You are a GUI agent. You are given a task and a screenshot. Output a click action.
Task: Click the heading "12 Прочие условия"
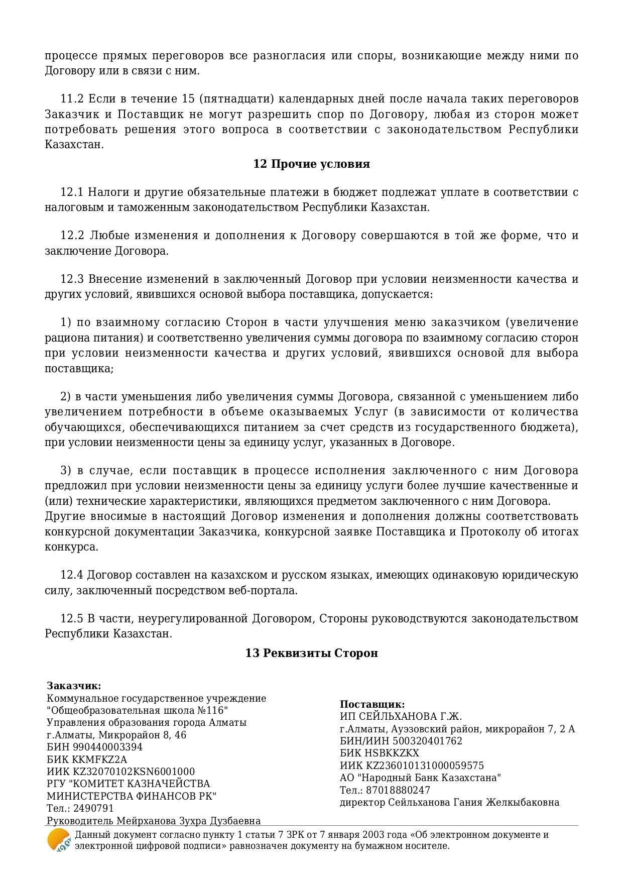311,164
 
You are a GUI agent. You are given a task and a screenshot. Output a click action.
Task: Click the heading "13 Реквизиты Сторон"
311,653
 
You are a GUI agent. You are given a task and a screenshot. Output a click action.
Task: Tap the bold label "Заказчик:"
74,686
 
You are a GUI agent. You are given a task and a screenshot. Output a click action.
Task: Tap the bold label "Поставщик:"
372,704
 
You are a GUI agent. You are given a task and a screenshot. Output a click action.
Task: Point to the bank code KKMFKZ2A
99,759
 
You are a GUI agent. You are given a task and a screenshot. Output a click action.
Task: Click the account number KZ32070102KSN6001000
134,772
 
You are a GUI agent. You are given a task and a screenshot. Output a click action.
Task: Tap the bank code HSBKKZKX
392,753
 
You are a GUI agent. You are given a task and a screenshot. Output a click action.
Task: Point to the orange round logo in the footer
58,840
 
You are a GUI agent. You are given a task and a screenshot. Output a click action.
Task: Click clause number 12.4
72,575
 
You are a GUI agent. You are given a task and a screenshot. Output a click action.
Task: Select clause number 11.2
72,98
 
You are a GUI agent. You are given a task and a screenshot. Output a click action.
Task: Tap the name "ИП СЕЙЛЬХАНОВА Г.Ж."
401,717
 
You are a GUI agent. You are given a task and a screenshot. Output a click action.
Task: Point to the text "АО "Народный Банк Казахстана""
420,778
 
